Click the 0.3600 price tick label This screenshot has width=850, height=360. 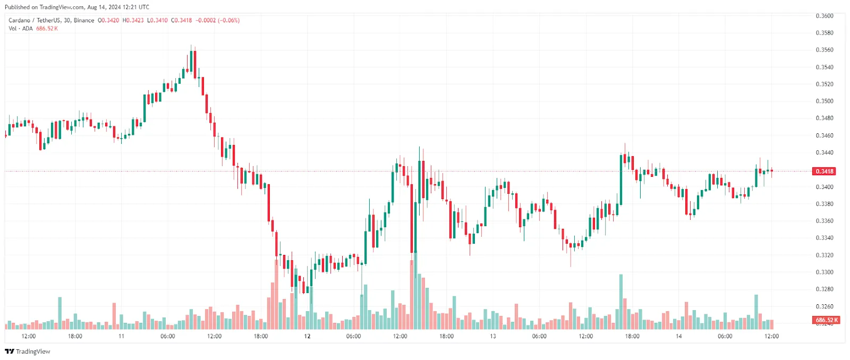click(824, 16)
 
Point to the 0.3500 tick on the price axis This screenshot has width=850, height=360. click(824, 101)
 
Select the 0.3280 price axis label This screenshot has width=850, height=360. click(824, 289)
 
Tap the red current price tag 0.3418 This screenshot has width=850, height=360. click(824, 172)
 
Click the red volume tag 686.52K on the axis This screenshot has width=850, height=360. click(827, 320)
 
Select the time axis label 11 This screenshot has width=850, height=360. click(121, 336)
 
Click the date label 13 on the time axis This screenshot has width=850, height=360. click(493, 336)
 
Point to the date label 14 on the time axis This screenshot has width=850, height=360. click(678, 336)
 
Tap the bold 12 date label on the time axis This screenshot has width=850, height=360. click(307, 336)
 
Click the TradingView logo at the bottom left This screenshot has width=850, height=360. click(28, 352)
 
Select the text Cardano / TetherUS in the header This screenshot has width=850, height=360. click(34, 20)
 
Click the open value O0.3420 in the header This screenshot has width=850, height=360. click(108, 20)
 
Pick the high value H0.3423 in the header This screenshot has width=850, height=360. click(133, 20)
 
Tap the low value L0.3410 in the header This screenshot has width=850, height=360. click(157, 20)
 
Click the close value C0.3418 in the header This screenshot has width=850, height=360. click(181, 20)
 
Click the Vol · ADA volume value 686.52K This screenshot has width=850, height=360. click(47, 29)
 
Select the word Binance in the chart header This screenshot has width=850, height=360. click(84, 20)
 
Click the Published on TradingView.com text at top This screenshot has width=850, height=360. click(45, 7)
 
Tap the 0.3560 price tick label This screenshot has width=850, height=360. click(824, 50)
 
